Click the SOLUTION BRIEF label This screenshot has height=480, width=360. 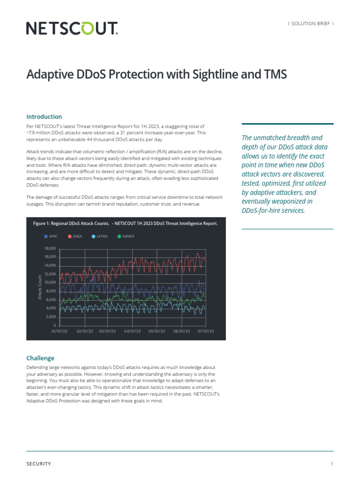pyautogui.click(x=311, y=23)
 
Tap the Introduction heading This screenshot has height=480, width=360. pyautogui.click(x=44, y=117)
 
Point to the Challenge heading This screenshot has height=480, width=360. pyautogui.click(x=40, y=358)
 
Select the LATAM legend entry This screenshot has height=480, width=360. pyautogui.click(x=102, y=236)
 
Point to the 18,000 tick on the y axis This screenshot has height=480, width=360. pyautogui.click(x=50, y=248)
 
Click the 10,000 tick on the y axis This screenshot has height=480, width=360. pyautogui.click(x=50, y=283)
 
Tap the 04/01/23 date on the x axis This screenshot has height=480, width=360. pyautogui.click(x=132, y=331)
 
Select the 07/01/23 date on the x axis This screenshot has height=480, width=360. pyautogui.click(x=206, y=331)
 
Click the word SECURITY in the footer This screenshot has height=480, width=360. pyautogui.click(x=39, y=464)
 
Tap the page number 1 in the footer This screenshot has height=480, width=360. pyautogui.click(x=332, y=464)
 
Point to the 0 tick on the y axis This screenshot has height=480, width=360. pyautogui.click(x=54, y=325)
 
